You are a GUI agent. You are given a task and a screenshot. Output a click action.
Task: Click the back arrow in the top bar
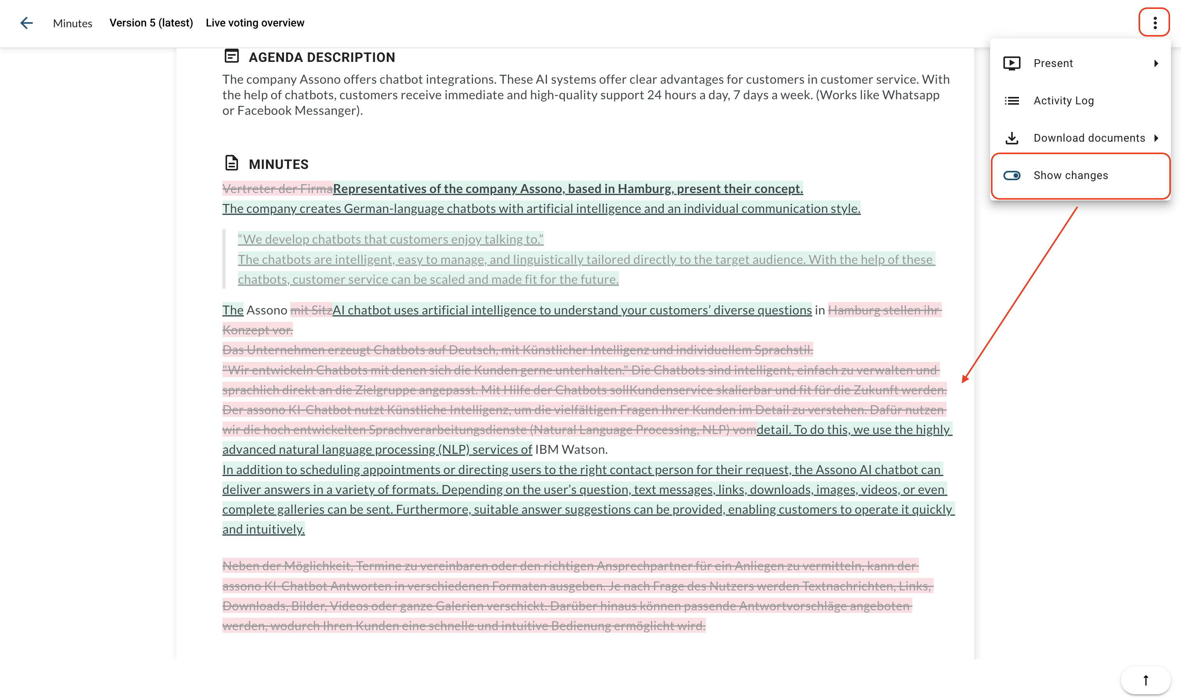(x=26, y=23)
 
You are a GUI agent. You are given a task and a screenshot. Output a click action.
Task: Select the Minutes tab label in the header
(x=72, y=23)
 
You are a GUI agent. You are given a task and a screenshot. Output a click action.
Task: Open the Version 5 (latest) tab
(x=151, y=23)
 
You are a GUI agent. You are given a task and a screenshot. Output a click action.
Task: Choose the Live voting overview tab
(x=255, y=23)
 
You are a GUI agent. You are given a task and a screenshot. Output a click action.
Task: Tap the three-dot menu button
(x=1155, y=23)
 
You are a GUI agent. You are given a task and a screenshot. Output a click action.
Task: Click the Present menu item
(x=1053, y=63)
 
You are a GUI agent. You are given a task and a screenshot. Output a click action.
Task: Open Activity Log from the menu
(x=1063, y=101)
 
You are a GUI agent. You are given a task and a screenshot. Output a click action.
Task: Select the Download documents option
(x=1089, y=138)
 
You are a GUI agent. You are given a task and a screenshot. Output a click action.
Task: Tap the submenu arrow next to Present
(x=1156, y=63)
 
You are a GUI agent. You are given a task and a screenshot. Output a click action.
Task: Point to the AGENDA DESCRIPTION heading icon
(x=231, y=56)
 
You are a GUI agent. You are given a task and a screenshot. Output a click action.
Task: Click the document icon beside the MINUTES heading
(x=231, y=163)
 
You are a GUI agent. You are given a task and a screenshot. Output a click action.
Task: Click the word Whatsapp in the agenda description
(x=911, y=95)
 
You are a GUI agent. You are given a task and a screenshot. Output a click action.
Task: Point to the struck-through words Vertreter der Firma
(x=277, y=189)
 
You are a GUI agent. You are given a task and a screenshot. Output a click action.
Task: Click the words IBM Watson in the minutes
(x=570, y=450)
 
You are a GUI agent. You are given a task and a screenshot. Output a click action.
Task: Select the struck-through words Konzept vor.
(x=257, y=330)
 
